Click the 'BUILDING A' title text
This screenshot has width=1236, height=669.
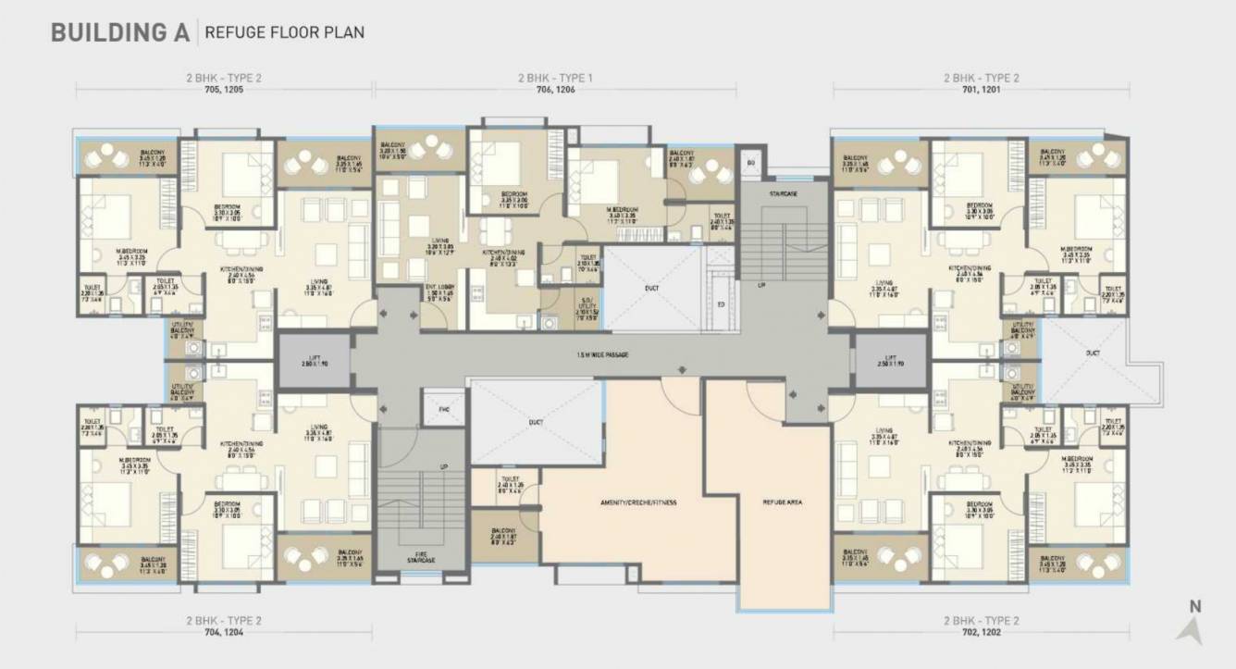pyautogui.click(x=119, y=31)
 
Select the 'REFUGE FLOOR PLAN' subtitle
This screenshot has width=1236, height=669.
pyautogui.click(x=284, y=32)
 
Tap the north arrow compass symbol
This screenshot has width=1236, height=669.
pyautogui.click(x=1191, y=628)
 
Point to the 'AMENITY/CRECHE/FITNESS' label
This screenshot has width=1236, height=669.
pyautogui.click(x=637, y=502)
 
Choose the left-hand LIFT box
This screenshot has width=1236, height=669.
pyautogui.click(x=315, y=360)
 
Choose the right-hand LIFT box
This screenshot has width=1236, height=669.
pyautogui.click(x=890, y=360)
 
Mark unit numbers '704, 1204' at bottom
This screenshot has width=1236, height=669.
pyautogui.click(x=223, y=636)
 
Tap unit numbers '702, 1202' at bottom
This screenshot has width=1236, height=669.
pyautogui.click(x=981, y=636)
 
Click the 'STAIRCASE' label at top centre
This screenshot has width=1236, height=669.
pyautogui.click(x=783, y=193)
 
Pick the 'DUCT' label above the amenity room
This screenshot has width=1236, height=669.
pyautogui.click(x=536, y=422)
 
